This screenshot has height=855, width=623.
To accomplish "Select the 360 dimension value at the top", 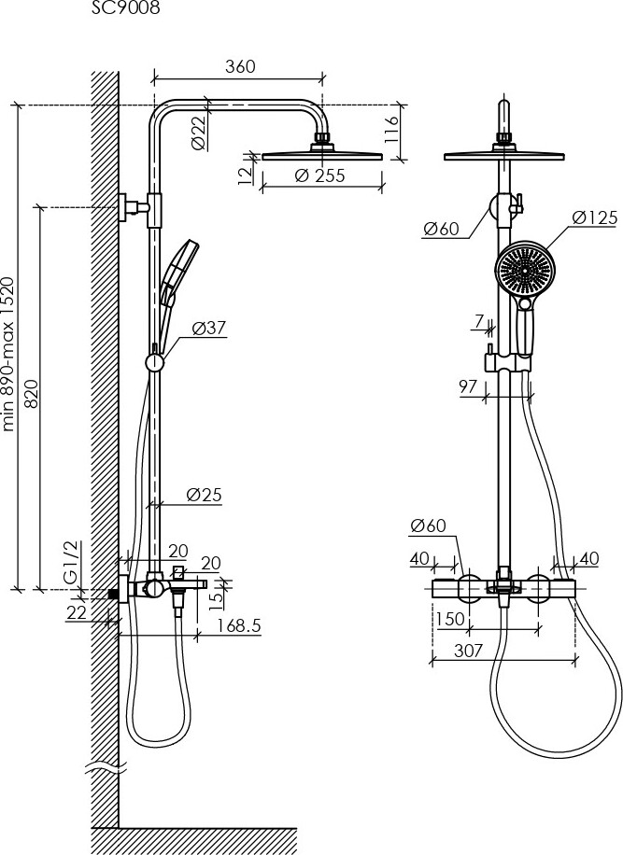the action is coord(240,66).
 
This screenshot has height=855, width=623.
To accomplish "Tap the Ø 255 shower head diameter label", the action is coord(319,175).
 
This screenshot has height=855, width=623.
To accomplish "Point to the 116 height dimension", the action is coord(391,129).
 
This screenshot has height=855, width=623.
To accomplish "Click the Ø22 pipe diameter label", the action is coord(199,133).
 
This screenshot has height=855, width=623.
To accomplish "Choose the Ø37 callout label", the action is coord(209,329).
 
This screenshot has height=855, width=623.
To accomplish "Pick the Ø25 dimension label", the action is coord(204,495).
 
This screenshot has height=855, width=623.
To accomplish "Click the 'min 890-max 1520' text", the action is coord(7,355).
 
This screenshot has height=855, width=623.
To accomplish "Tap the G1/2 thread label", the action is coord(72,561).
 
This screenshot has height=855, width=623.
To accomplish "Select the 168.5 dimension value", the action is coord(239,625).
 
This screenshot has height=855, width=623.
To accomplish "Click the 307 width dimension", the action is coord(468,650).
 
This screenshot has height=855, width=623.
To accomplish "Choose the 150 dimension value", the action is coord(450,619).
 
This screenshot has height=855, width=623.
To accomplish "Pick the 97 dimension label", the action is coord(468,386).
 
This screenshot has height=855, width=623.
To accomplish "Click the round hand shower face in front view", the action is coord(524,271).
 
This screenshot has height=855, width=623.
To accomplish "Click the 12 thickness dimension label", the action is coord(246,174).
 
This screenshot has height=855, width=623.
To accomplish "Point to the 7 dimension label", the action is coord(479,322).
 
